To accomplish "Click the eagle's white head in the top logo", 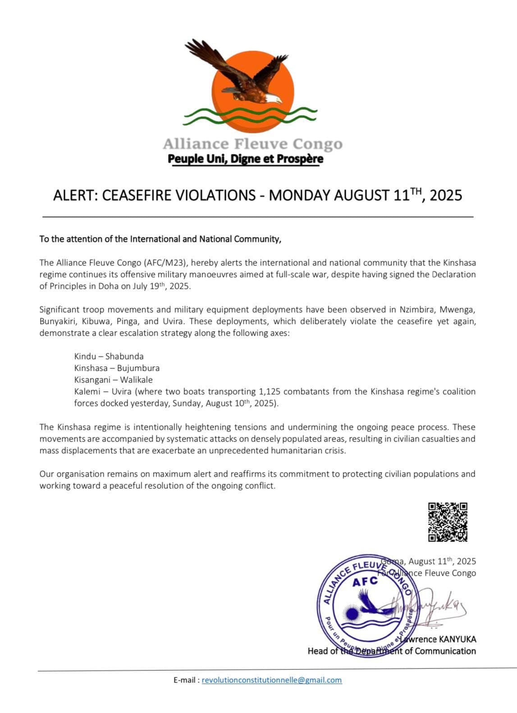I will (272, 98).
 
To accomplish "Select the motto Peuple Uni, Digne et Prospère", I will (245, 159).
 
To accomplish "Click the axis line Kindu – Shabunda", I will (109, 356).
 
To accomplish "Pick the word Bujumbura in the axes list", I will (138, 368).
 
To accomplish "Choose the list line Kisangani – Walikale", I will (113, 380).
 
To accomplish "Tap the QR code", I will (447, 522).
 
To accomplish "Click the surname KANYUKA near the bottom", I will (456, 639).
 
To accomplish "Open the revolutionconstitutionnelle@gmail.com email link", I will (271, 680).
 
